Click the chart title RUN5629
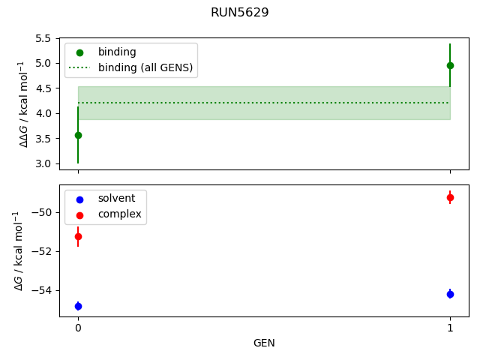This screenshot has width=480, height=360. click(x=239, y=13)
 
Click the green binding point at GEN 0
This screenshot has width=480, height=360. click(x=78, y=135)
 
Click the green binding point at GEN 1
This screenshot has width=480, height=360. click(x=450, y=65)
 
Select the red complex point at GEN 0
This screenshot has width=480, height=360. click(x=78, y=236)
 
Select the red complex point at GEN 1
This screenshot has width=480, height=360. click(x=450, y=197)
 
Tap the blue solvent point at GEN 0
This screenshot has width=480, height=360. click(x=78, y=306)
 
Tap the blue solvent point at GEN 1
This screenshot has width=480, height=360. click(x=450, y=294)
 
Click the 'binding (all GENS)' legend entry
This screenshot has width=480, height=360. click(x=145, y=67)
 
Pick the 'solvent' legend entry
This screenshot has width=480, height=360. click(x=116, y=198)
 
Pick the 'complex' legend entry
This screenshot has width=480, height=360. click(x=119, y=214)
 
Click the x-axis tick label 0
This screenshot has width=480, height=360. click(x=78, y=328)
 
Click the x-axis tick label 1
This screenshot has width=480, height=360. click(x=450, y=328)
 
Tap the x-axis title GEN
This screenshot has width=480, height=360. click(x=264, y=343)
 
